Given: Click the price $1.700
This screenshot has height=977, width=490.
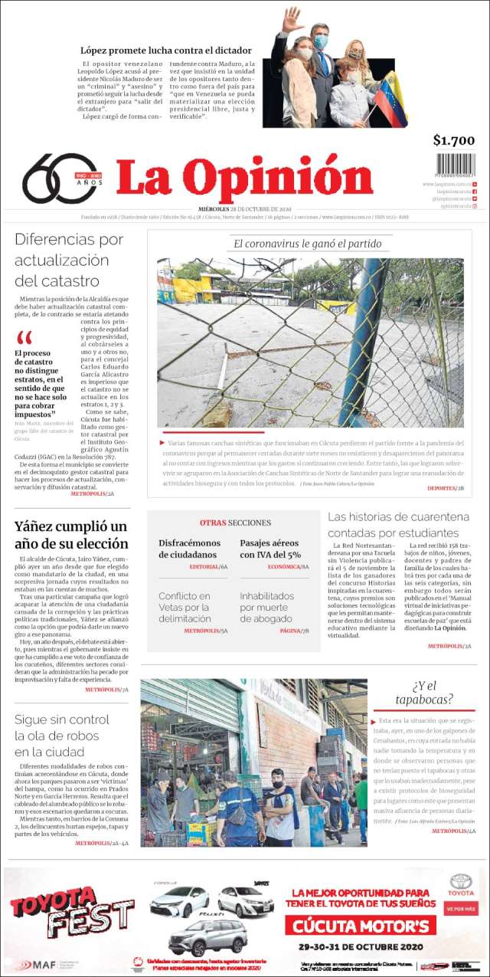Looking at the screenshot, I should point(453,140).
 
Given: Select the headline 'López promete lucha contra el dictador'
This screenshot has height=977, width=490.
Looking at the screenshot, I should point(166,51).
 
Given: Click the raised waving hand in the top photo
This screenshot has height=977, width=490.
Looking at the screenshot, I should point(290,19).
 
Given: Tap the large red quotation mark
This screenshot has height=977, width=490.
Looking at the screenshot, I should point(24,338).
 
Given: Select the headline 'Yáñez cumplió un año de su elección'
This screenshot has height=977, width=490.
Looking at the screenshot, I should point(71,535).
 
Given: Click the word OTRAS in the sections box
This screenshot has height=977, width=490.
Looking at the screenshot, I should point(212,523).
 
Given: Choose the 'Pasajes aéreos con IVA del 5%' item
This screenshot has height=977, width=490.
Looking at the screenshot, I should point(270,549).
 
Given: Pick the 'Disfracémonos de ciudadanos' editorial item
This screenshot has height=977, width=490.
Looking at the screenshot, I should point(188,549).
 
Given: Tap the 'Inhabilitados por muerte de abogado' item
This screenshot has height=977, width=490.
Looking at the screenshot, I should point(266,607).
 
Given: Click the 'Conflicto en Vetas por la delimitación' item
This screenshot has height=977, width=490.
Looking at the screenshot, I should point(185,607).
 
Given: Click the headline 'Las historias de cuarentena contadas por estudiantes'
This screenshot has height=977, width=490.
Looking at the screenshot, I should point(398,524).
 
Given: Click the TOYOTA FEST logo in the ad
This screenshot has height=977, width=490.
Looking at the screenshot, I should point(70,911).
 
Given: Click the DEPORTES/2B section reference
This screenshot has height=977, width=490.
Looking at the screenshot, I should point(446,487).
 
